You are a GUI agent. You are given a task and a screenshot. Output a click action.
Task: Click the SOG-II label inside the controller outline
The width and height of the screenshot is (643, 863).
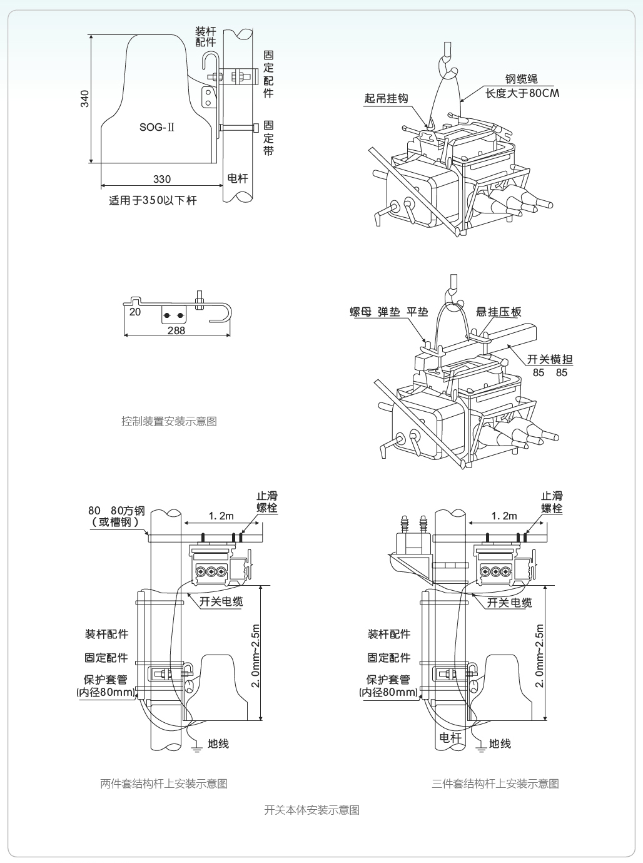click(156, 127)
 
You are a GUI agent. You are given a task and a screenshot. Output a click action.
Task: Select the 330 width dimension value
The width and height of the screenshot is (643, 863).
click(162, 179)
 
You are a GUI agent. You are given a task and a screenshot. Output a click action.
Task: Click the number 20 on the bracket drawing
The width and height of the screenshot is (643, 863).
click(135, 312)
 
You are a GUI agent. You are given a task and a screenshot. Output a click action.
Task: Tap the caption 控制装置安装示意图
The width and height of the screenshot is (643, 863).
click(169, 421)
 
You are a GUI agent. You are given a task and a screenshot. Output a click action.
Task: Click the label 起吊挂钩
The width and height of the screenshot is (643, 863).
click(386, 98)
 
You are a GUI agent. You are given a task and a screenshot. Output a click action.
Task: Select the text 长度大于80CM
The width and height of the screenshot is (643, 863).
click(522, 93)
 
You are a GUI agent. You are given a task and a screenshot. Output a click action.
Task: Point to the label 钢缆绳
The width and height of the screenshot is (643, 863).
click(521, 79)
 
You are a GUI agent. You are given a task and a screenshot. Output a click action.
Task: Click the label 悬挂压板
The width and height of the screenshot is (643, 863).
click(499, 312)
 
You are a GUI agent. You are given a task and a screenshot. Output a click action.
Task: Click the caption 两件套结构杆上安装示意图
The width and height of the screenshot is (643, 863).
click(164, 784)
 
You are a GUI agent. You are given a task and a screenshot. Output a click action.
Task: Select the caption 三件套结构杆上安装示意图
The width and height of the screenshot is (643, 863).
click(495, 784)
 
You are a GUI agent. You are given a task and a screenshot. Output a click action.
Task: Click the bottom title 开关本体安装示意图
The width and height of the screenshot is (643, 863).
click(312, 810)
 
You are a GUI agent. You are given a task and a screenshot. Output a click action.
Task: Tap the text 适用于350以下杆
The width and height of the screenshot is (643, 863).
click(153, 201)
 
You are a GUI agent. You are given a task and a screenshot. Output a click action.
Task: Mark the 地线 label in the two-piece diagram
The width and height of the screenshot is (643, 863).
click(218, 743)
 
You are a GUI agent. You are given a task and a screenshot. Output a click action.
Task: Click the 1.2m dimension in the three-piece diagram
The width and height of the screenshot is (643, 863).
click(504, 516)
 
